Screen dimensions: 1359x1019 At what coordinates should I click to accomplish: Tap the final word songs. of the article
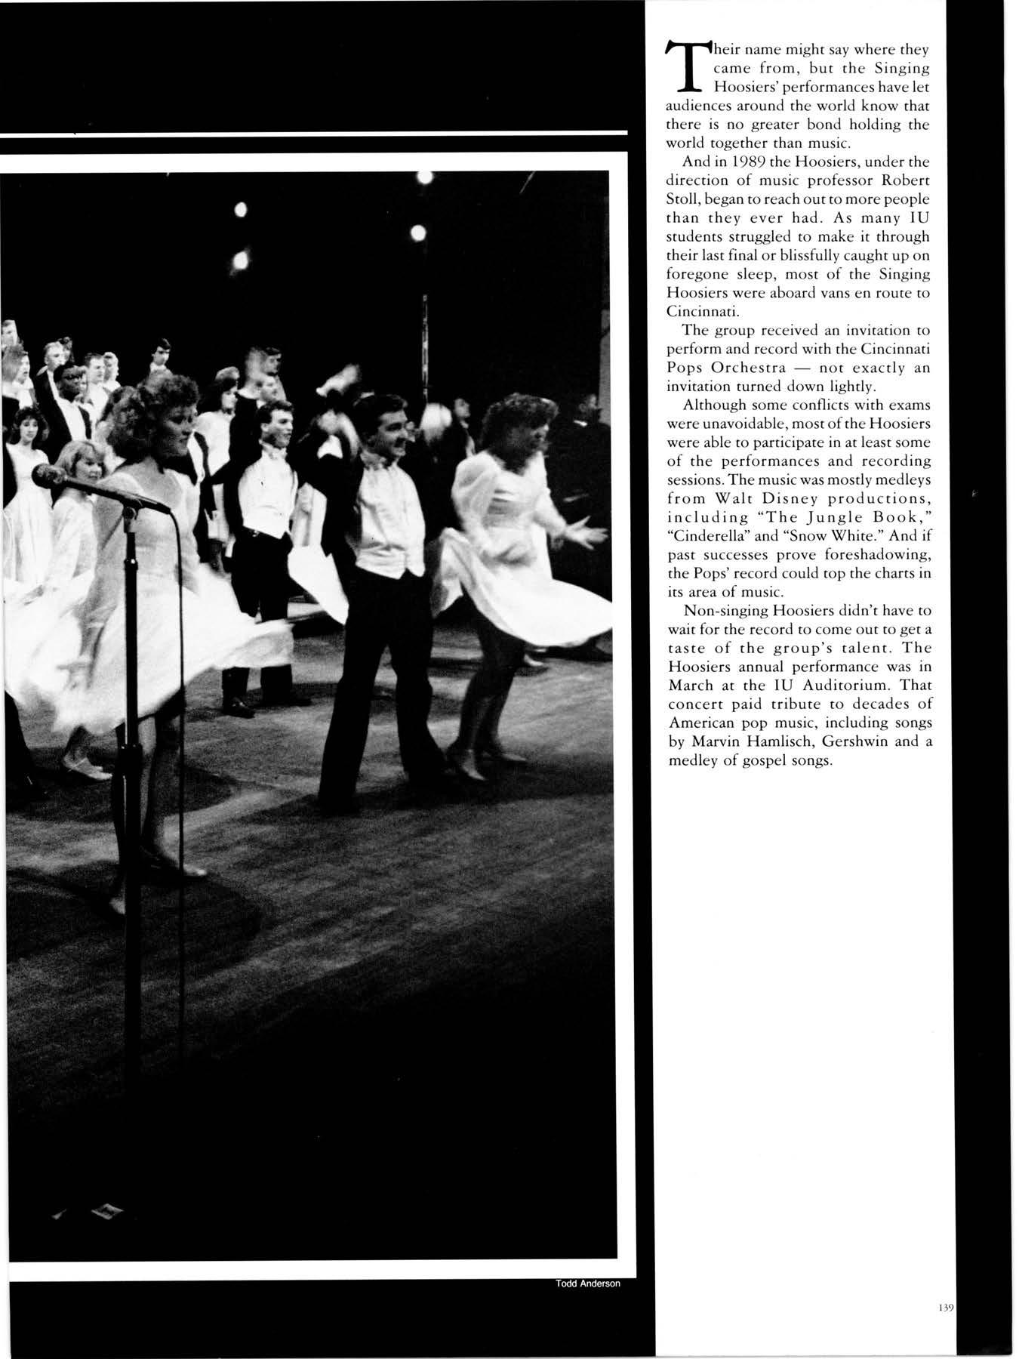pyautogui.click(x=807, y=760)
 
